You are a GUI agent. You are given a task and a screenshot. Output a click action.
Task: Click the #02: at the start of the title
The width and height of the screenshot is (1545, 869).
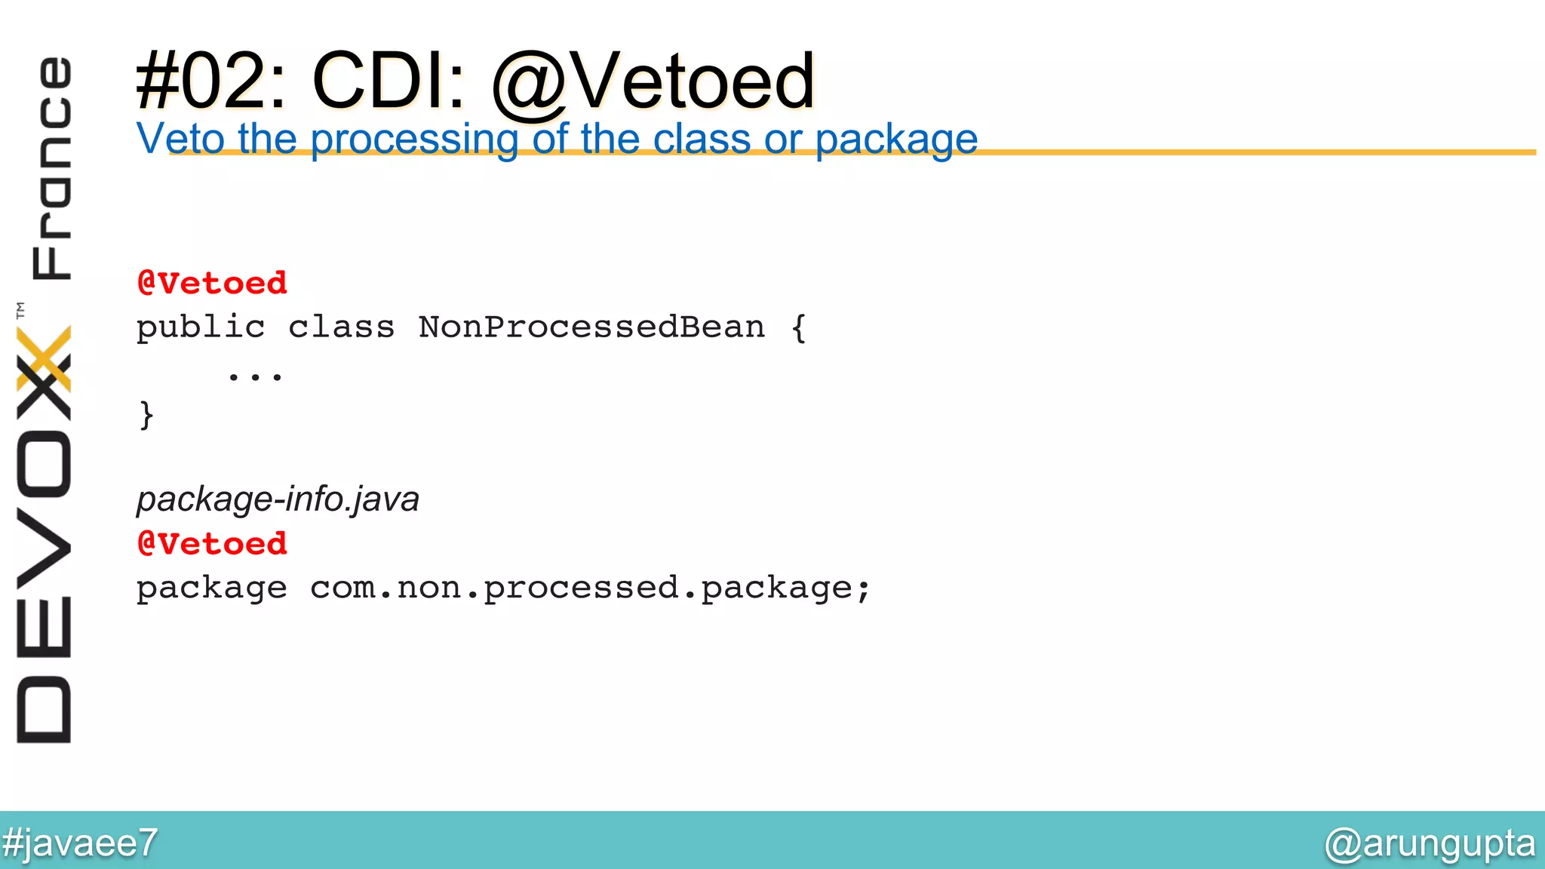click(x=210, y=81)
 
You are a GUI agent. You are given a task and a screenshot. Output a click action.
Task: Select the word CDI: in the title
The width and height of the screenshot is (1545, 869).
click(x=389, y=81)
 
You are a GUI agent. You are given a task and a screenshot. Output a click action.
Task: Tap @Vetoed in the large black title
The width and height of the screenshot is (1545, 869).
click(x=653, y=81)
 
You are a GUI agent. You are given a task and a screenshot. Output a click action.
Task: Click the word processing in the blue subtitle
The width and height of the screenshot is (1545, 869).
click(x=413, y=140)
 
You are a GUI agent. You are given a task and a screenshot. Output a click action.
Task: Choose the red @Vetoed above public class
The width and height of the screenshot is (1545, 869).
click(x=212, y=283)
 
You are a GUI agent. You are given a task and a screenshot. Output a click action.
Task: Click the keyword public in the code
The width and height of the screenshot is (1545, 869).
click(x=201, y=327)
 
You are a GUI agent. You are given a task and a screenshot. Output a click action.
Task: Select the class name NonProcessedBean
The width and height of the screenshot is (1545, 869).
click(x=591, y=327)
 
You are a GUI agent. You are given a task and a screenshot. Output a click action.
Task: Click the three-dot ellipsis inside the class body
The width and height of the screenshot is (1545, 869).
click(x=255, y=375)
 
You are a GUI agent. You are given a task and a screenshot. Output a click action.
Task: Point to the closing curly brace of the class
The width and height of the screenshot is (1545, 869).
click(x=146, y=415)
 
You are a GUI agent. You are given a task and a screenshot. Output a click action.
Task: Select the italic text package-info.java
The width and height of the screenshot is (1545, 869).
click(x=278, y=499)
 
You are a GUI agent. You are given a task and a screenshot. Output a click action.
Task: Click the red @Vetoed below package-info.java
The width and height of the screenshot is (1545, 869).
click(x=212, y=543)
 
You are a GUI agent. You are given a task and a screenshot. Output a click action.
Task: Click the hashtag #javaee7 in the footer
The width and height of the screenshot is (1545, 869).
click(x=80, y=843)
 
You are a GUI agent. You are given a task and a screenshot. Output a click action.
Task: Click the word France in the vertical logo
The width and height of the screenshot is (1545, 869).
click(x=51, y=167)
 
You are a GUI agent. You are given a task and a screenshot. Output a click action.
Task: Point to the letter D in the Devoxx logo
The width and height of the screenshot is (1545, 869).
click(x=44, y=709)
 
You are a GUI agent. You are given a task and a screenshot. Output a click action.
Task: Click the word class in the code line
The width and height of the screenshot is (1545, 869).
click(x=341, y=327)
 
